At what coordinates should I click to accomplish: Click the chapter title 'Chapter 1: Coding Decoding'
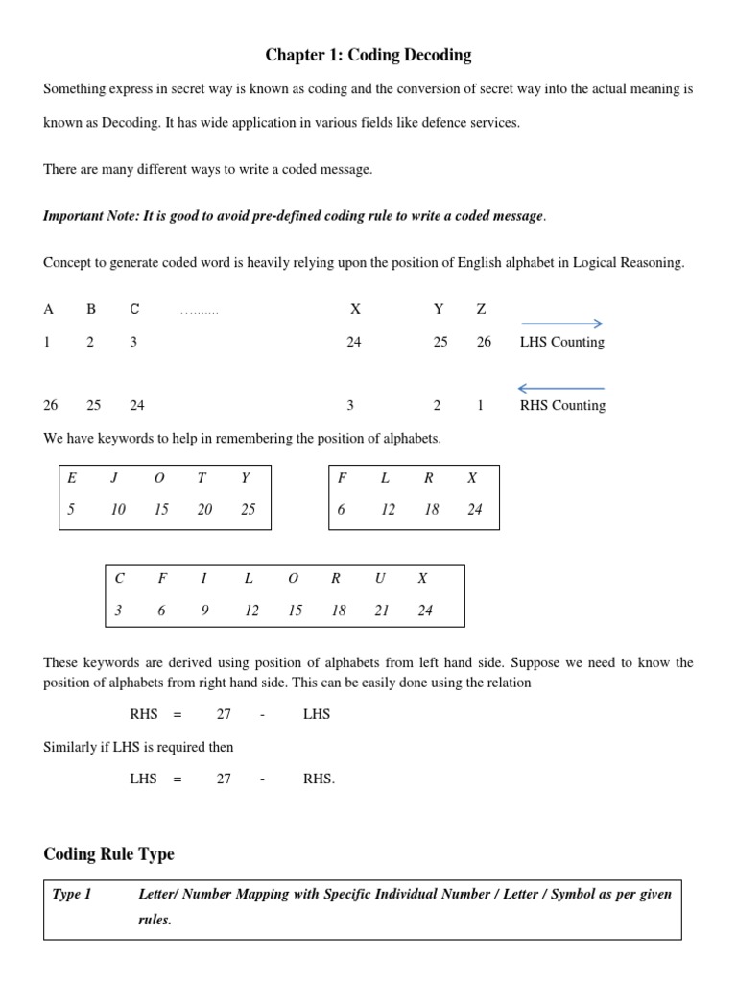[368, 55]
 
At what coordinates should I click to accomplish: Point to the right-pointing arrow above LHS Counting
[559, 324]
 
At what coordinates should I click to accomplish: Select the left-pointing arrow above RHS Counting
[559, 388]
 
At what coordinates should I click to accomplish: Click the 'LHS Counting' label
[561, 342]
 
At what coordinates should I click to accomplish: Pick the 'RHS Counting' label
[562, 405]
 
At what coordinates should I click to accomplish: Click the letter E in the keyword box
[71, 477]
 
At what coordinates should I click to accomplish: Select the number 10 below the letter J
[118, 510]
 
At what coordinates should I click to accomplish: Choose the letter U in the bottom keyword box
[381, 578]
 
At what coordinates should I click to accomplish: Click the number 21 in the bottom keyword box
[381, 611]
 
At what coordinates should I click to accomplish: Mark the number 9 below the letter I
[204, 611]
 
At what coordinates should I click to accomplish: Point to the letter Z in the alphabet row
[481, 309]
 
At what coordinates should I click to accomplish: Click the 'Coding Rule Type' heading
[109, 853]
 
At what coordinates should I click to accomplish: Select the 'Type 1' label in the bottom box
[72, 894]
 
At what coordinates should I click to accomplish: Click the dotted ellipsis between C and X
[199, 311]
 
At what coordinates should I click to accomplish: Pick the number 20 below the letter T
[204, 510]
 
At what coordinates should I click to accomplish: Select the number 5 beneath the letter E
[71, 510]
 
